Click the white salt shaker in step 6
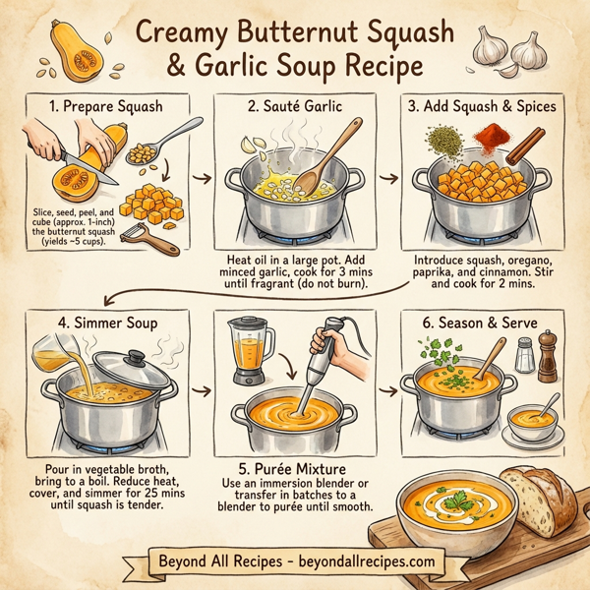pyautogui.click(x=526, y=356)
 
